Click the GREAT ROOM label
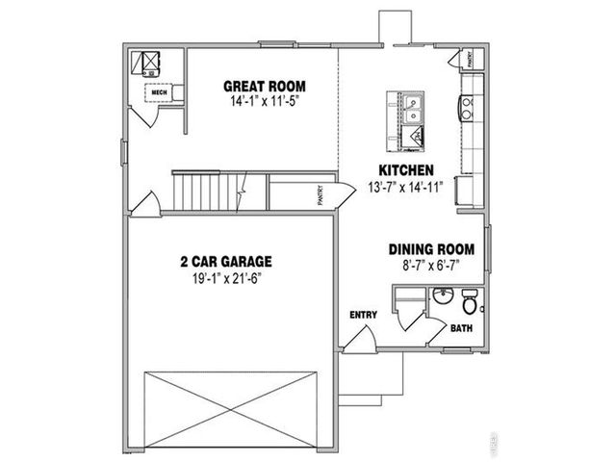[x=259, y=85]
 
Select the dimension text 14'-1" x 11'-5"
[x=259, y=99]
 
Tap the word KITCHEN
[x=405, y=170]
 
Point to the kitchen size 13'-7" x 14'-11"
[x=405, y=187]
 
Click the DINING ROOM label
[x=437, y=247]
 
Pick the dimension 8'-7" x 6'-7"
[x=437, y=264]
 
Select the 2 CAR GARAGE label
[x=226, y=260]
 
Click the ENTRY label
[x=363, y=315]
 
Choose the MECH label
[x=158, y=92]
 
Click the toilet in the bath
[x=470, y=303]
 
